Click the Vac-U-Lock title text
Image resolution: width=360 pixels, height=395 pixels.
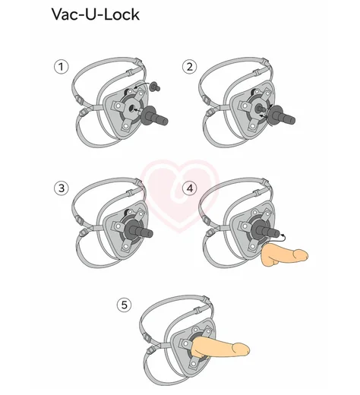coord(96,14)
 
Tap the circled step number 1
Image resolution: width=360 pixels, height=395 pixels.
coord(62,67)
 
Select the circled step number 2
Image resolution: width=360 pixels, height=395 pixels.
coord(189,67)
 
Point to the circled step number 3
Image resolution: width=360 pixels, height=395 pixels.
coord(62,188)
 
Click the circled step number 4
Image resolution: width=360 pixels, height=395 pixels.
coord(189,188)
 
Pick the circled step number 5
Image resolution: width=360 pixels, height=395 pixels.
coord(124,305)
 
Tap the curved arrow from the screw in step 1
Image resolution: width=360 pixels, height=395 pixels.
coord(142,84)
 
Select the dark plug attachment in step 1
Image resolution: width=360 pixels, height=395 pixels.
coord(153,116)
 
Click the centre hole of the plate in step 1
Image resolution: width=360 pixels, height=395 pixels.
coord(131,109)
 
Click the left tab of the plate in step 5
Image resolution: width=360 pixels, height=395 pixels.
coord(186,343)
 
